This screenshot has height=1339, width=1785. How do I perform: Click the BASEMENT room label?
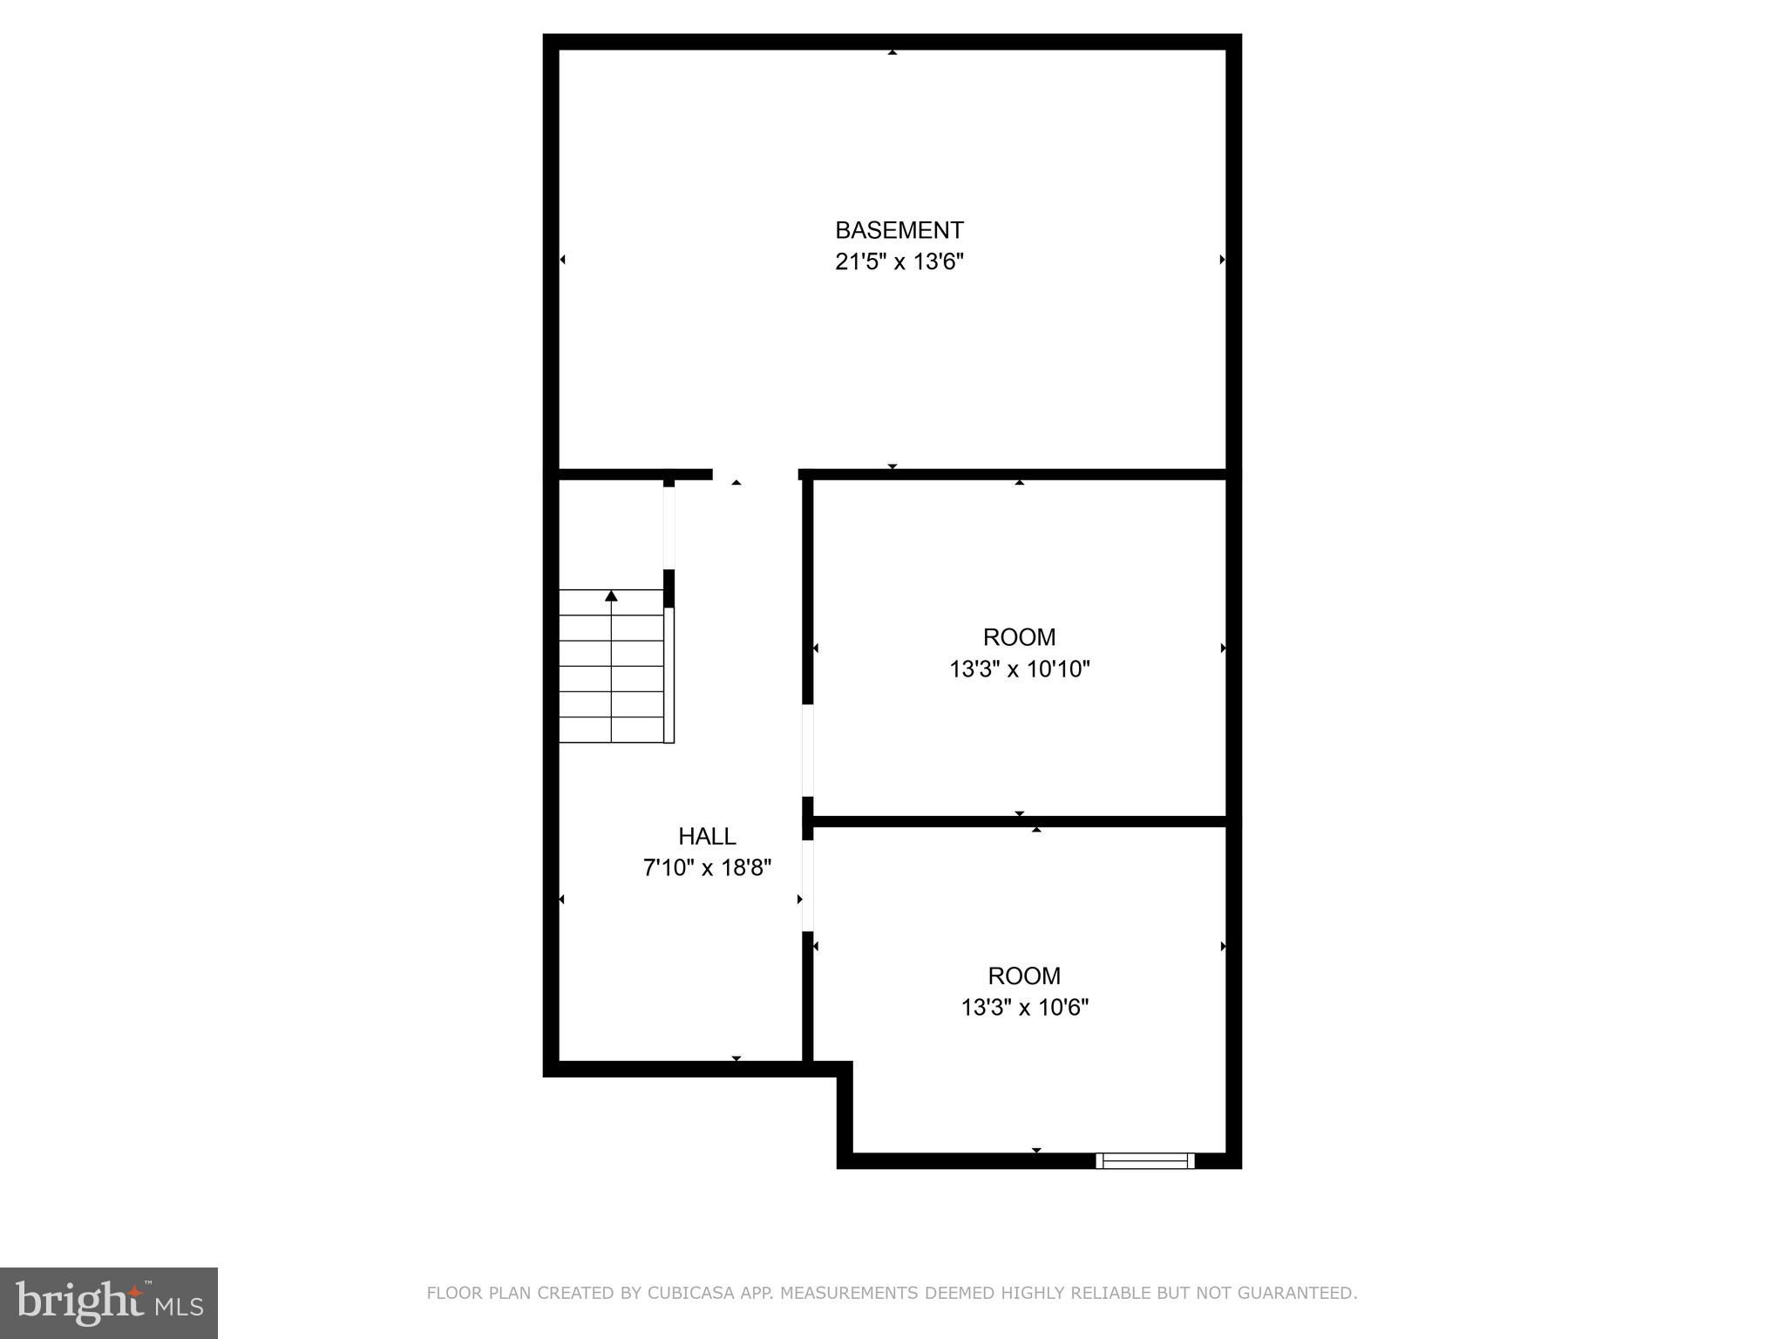click(x=899, y=230)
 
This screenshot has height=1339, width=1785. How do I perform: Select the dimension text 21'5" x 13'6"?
click(x=899, y=262)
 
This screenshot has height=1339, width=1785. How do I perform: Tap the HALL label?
click(x=707, y=836)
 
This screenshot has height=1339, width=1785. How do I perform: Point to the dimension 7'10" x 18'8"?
click(x=707, y=868)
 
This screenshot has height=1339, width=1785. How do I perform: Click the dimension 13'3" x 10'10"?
click(x=1019, y=669)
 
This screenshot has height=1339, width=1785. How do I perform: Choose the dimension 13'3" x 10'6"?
click(x=1024, y=1008)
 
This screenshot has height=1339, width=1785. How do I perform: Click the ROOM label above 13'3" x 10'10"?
click(x=1019, y=637)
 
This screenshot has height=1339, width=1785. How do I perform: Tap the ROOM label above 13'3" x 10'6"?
click(x=1024, y=975)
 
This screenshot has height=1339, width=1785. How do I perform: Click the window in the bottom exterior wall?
click(x=1144, y=1160)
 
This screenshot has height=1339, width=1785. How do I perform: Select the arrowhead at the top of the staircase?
click(x=611, y=596)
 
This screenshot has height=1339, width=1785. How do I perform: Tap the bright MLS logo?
click(x=108, y=1302)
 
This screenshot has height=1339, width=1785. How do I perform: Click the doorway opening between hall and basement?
click(x=755, y=475)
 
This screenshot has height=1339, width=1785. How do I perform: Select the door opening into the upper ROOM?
click(x=808, y=750)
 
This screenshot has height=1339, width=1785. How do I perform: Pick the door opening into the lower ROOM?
click(x=808, y=885)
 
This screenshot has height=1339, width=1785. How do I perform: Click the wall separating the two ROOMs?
click(x=1020, y=821)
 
